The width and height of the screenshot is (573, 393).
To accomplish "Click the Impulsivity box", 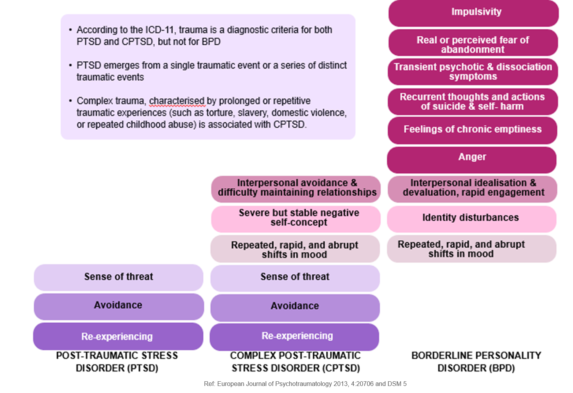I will (473, 13).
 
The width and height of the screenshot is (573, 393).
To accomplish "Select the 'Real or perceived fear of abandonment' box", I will (473, 43).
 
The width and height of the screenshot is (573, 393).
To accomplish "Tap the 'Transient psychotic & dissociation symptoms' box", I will (473, 72).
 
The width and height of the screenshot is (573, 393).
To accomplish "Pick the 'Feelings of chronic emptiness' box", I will (473, 130).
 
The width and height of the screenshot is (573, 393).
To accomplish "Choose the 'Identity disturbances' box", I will (471, 219).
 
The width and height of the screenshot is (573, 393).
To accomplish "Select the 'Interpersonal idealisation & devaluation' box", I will (473, 189).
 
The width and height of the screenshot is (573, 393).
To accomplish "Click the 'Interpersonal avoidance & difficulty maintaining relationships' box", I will (296, 189).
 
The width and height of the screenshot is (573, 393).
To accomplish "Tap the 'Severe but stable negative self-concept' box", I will (296, 218).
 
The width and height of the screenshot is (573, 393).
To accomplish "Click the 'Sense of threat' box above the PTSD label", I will (118, 277).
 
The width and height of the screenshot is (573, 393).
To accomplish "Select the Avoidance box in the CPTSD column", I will (295, 307).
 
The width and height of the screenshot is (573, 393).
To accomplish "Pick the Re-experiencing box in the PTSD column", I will (118, 336).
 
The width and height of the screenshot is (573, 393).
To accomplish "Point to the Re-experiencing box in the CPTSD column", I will (295, 336).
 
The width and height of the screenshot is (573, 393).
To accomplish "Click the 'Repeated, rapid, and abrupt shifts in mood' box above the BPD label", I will (471, 249).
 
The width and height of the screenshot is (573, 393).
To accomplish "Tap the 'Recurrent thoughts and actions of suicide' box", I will (472, 102).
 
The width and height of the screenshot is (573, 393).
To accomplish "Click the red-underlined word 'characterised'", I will (177, 101).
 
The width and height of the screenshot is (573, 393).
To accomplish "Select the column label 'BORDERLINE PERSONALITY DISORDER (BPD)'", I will (476, 362).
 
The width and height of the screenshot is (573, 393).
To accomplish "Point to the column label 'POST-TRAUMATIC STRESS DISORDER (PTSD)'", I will (117, 362).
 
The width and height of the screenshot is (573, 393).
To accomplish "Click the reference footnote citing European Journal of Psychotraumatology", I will (305, 384).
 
